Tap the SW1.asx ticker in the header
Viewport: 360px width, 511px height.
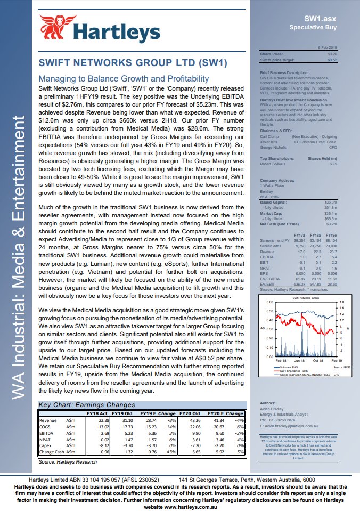(324, 18)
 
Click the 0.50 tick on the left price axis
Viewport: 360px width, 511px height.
(269, 311)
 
